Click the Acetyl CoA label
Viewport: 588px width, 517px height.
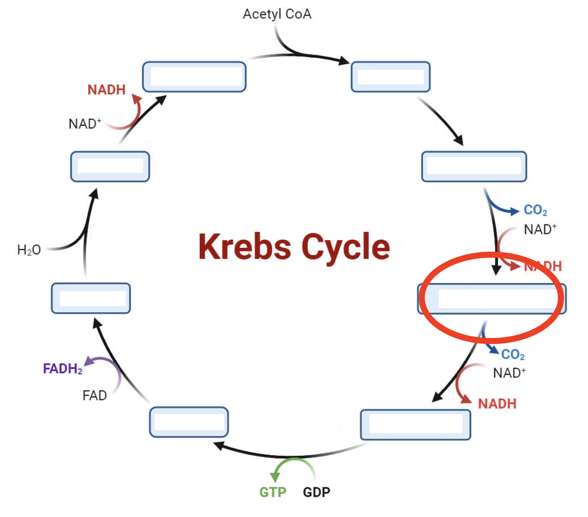pyautogui.click(x=277, y=14)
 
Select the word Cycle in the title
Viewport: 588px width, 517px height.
pyautogui.click(x=346, y=247)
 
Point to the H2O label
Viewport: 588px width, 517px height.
pyautogui.click(x=29, y=250)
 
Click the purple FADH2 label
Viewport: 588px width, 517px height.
pyautogui.click(x=63, y=369)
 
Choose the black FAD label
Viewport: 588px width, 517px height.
pyautogui.click(x=94, y=395)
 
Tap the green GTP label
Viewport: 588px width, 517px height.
pyautogui.click(x=272, y=492)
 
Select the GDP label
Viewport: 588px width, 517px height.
pyautogui.click(x=316, y=492)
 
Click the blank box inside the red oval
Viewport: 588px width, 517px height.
pyautogui.click(x=492, y=299)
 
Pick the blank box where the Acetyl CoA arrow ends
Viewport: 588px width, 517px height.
pyautogui.click(x=390, y=77)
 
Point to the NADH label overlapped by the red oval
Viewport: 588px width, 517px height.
pyautogui.click(x=542, y=266)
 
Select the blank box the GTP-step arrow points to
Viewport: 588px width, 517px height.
pyautogui.click(x=189, y=422)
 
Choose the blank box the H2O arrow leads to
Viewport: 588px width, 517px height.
pyautogui.click(x=110, y=167)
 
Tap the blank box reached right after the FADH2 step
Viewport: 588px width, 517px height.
pyautogui.click(x=91, y=298)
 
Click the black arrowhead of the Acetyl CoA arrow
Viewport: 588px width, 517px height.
pyautogui.click(x=344, y=61)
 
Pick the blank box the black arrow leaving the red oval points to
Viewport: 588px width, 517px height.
pyautogui.click(x=415, y=425)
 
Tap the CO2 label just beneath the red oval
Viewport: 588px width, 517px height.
pyautogui.click(x=512, y=354)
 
